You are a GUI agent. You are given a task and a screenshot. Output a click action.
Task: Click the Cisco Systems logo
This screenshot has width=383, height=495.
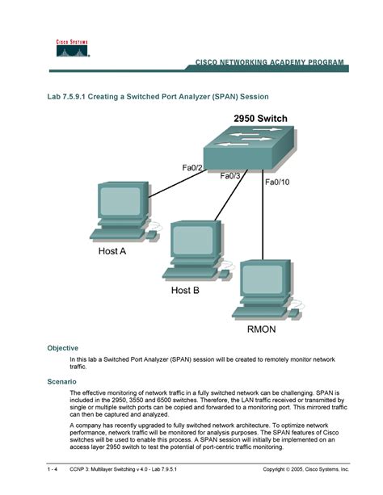72,48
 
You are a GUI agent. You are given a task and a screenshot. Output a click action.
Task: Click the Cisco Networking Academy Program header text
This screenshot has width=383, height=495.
268,62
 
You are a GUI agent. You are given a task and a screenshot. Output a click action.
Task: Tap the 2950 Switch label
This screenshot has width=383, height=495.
260,119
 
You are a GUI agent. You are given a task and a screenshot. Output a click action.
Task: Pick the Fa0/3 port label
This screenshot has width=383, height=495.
231,176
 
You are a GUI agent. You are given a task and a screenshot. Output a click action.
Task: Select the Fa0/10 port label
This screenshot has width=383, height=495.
277,182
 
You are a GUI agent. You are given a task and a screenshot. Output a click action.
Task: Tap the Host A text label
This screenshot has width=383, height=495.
112,251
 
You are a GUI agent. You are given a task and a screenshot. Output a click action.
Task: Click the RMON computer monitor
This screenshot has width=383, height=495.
259,283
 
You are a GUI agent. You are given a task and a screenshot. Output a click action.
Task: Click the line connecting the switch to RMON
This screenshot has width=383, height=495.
263,218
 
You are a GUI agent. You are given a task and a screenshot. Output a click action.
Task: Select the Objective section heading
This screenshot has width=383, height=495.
62,348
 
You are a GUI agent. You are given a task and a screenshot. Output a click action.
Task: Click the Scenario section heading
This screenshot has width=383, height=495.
61,380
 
